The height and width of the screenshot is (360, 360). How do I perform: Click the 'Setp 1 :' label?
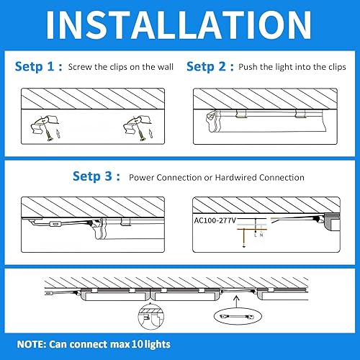pos(37,66)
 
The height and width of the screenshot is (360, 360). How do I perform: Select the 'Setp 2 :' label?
pos(210,66)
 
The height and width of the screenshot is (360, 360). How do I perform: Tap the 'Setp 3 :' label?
pos(97,176)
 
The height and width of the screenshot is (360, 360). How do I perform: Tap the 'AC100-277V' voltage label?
pos(217,219)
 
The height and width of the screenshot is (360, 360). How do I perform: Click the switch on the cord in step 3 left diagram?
pos(55,225)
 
